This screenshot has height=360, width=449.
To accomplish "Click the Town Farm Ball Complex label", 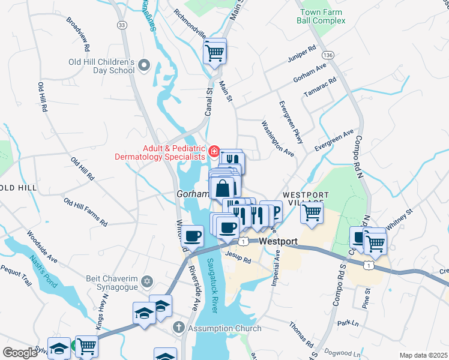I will point(321,16).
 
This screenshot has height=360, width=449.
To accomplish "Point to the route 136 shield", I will point(327,55).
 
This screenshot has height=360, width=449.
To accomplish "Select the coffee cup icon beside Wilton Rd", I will point(193,235).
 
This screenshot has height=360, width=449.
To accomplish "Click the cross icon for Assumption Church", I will point(178,328).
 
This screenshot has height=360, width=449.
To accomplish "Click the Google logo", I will point(20,352).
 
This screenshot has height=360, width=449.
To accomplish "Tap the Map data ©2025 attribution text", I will point(423,355).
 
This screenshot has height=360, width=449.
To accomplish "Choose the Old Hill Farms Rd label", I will point(85,213).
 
